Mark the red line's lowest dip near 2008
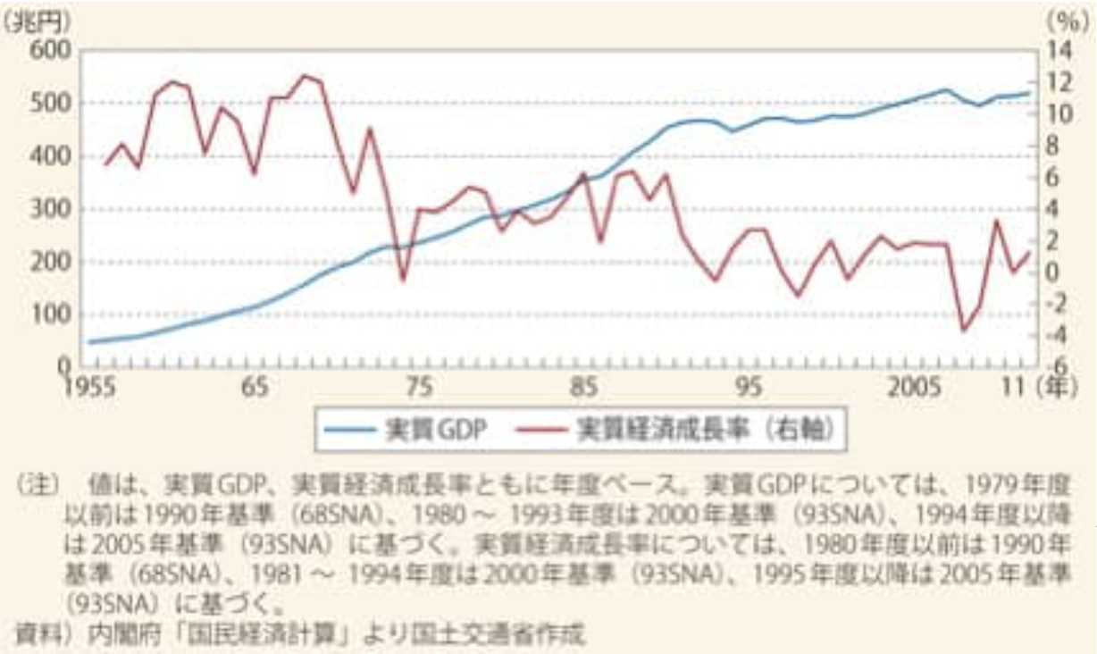[964, 331]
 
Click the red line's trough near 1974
[403, 280]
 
